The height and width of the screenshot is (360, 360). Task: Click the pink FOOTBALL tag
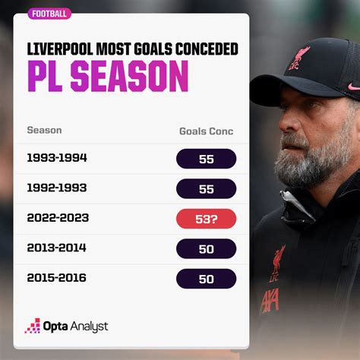point(49,14)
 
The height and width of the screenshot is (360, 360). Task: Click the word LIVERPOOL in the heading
point(60,49)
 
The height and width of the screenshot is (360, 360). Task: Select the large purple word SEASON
point(129,76)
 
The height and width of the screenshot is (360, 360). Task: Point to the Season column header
point(44,130)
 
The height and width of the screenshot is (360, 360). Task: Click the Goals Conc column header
point(207,131)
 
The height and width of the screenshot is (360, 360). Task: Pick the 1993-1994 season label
point(57,158)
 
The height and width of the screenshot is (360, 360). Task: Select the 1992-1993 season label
point(57,188)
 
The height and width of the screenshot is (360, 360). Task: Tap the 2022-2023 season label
point(58,218)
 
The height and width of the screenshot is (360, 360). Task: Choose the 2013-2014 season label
point(57,248)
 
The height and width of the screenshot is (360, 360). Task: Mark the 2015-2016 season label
point(57,278)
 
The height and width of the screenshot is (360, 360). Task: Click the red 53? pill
point(207,219)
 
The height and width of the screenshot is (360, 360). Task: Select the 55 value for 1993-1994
point(207,159)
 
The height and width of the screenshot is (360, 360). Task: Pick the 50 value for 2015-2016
point(207,279)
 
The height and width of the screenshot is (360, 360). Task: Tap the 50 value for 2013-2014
point(207,249)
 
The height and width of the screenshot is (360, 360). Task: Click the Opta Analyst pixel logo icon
point(33,326)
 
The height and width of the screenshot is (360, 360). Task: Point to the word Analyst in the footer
point(89,327)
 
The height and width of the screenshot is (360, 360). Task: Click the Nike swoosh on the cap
point(354,87)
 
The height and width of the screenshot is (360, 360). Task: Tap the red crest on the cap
point(299,58)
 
